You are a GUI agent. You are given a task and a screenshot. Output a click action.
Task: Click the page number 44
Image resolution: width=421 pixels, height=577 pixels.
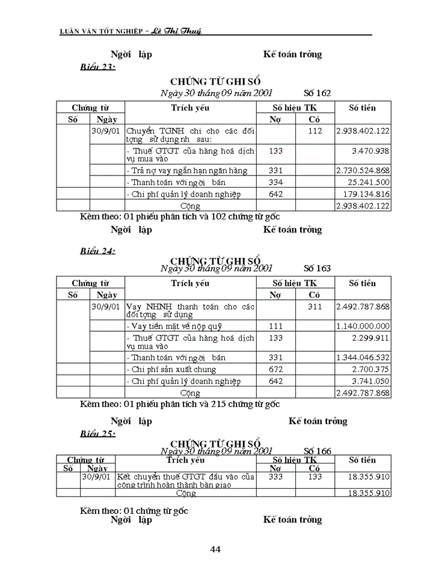tap(215, 548)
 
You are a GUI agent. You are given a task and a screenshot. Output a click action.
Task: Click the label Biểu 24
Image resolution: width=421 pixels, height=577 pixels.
tap(97, 251)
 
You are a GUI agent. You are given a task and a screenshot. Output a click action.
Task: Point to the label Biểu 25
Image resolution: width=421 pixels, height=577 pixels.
tap(97, 433)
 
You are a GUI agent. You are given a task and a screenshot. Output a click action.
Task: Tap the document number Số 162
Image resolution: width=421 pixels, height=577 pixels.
tap(317, 93)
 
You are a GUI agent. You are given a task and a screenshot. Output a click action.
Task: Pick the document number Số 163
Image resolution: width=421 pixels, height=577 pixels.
tap(317, 268)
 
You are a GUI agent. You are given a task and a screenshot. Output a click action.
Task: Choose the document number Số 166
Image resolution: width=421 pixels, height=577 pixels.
tap(317, 451)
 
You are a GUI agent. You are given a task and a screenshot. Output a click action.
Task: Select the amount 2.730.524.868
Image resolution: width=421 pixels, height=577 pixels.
tap(362, 170)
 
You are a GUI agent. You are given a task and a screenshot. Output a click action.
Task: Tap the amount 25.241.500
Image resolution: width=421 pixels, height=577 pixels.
tap(367, 182)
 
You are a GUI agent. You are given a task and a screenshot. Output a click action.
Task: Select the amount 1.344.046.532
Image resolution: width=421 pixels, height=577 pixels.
tap(363, 358)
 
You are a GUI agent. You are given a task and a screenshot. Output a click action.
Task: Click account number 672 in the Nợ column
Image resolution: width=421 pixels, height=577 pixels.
tap(275, 369)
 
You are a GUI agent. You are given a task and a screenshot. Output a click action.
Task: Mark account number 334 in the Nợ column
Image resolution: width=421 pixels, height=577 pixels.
tap(275, 182)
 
